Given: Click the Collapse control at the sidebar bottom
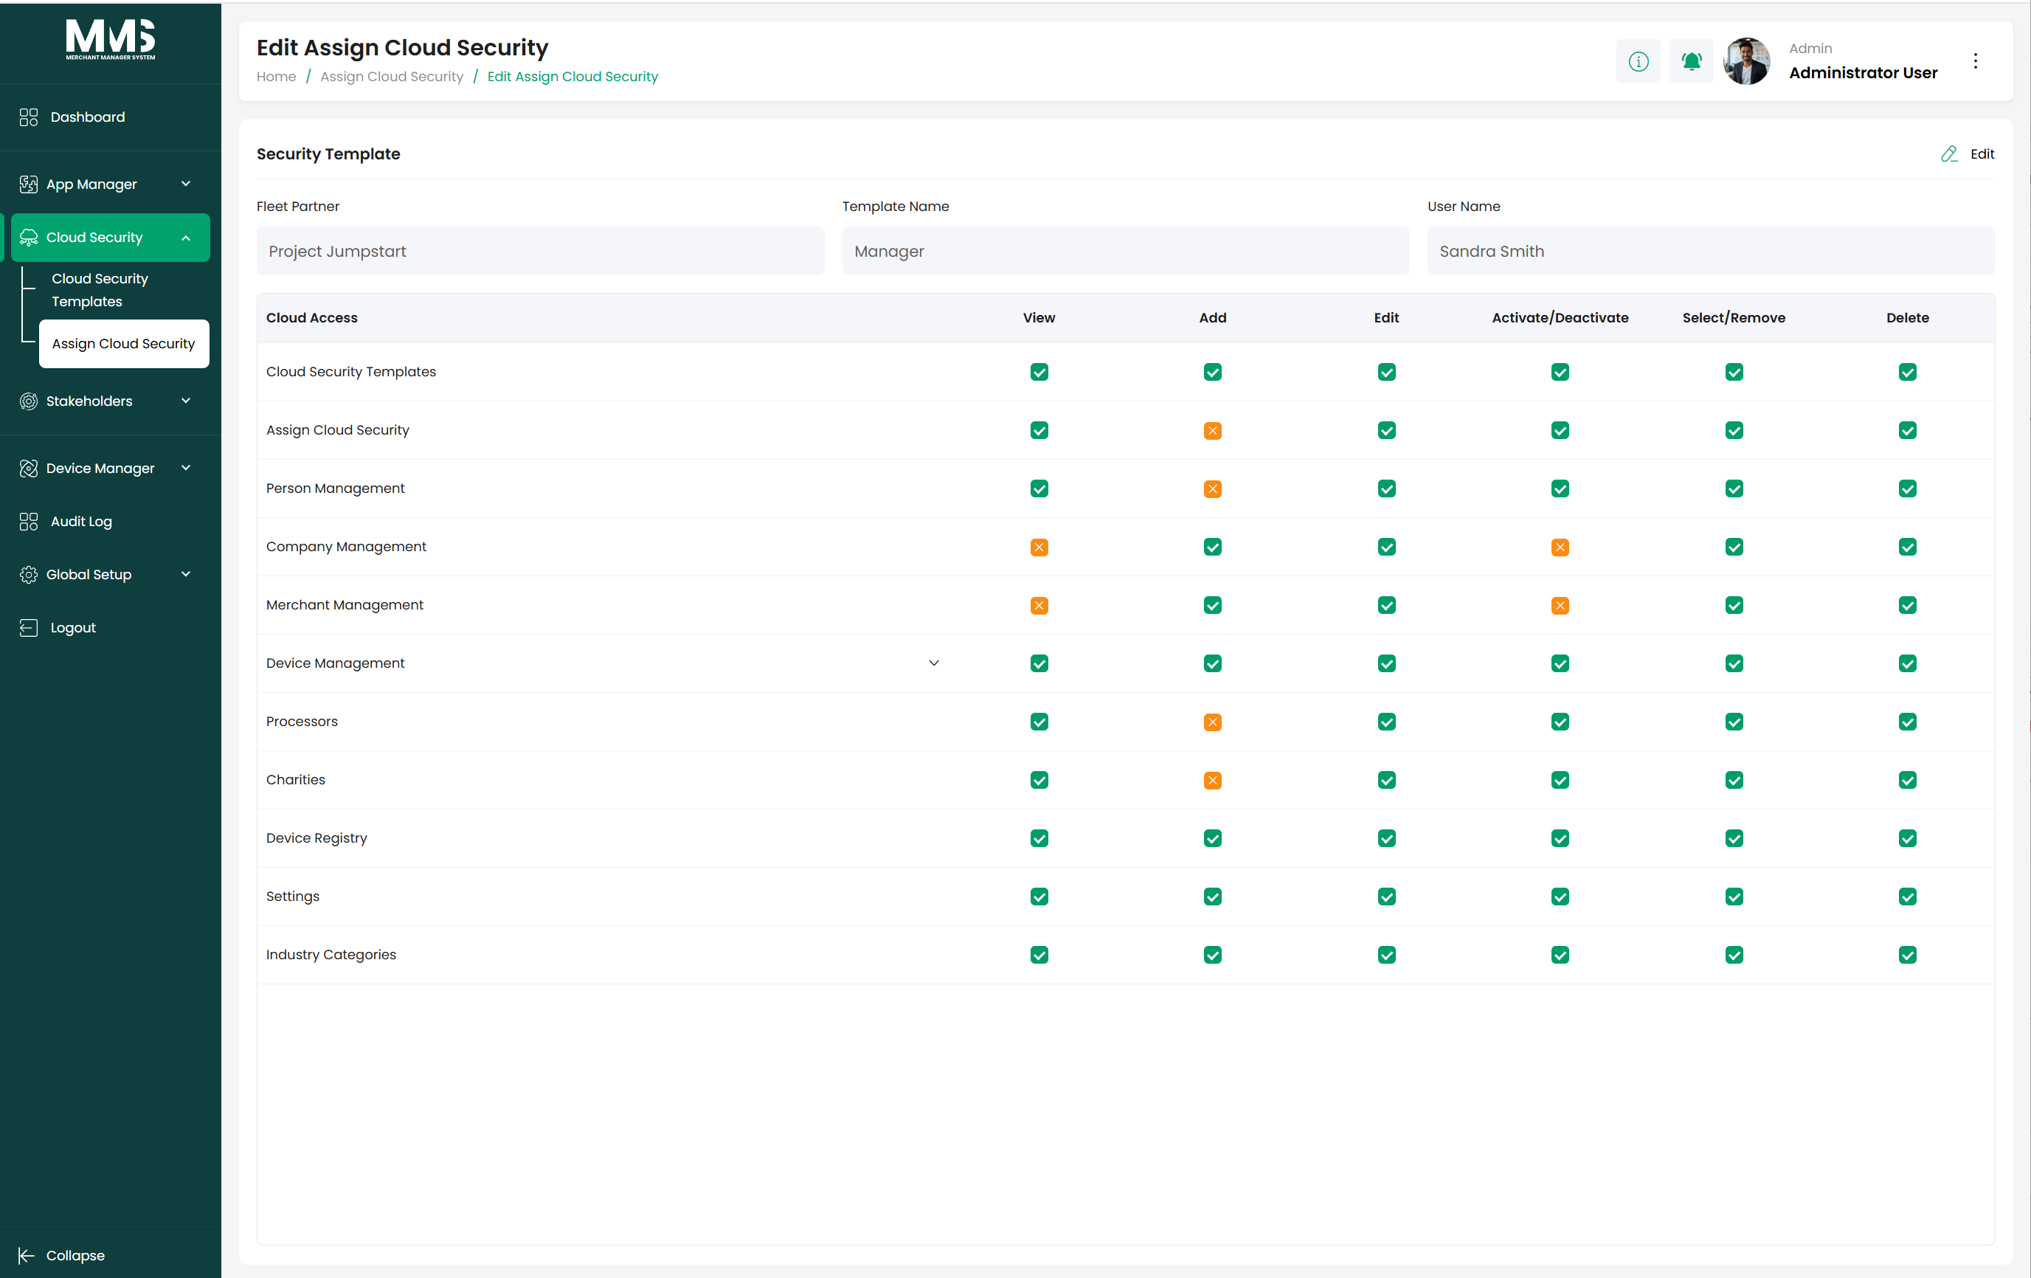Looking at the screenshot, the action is click(x=63, y=1255).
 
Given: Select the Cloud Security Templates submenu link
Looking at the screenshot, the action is click(x=100, y=289).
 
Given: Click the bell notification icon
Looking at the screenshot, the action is click(x=1691, y=61).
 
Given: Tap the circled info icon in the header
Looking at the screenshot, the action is click(x=1638, y=61).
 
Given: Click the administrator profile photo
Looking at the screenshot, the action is click(x=1746, y=61).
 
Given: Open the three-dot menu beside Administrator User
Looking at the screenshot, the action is click(x=1976, y=61).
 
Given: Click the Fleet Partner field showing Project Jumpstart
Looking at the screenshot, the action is click(x=540, y=251).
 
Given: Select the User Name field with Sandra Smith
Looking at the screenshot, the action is click(x=1711, y=251).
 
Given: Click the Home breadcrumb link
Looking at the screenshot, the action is click(x=276, y=76).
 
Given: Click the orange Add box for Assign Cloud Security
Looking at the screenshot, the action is click(x=1212, y=430).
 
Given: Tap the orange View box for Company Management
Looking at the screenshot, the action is click(x=1039, y=547).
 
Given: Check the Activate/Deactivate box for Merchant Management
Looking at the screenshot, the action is click(x=1560, y=605).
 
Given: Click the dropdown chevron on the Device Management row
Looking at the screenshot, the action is click(x=934, y=663).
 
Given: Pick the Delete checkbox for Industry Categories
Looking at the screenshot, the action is click(x=1907, y=954).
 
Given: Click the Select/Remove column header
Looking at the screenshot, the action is click(x=1733, y=317).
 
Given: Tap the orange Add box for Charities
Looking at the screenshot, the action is click(x=1212, y=779).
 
